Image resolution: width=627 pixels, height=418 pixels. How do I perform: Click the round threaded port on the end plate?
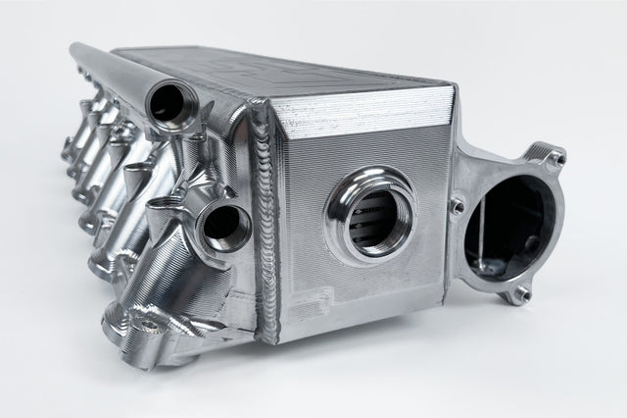(369, 217)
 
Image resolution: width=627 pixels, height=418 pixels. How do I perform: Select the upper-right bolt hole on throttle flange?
(555, 157)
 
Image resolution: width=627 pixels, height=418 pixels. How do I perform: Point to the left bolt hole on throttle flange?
(457, 205)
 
